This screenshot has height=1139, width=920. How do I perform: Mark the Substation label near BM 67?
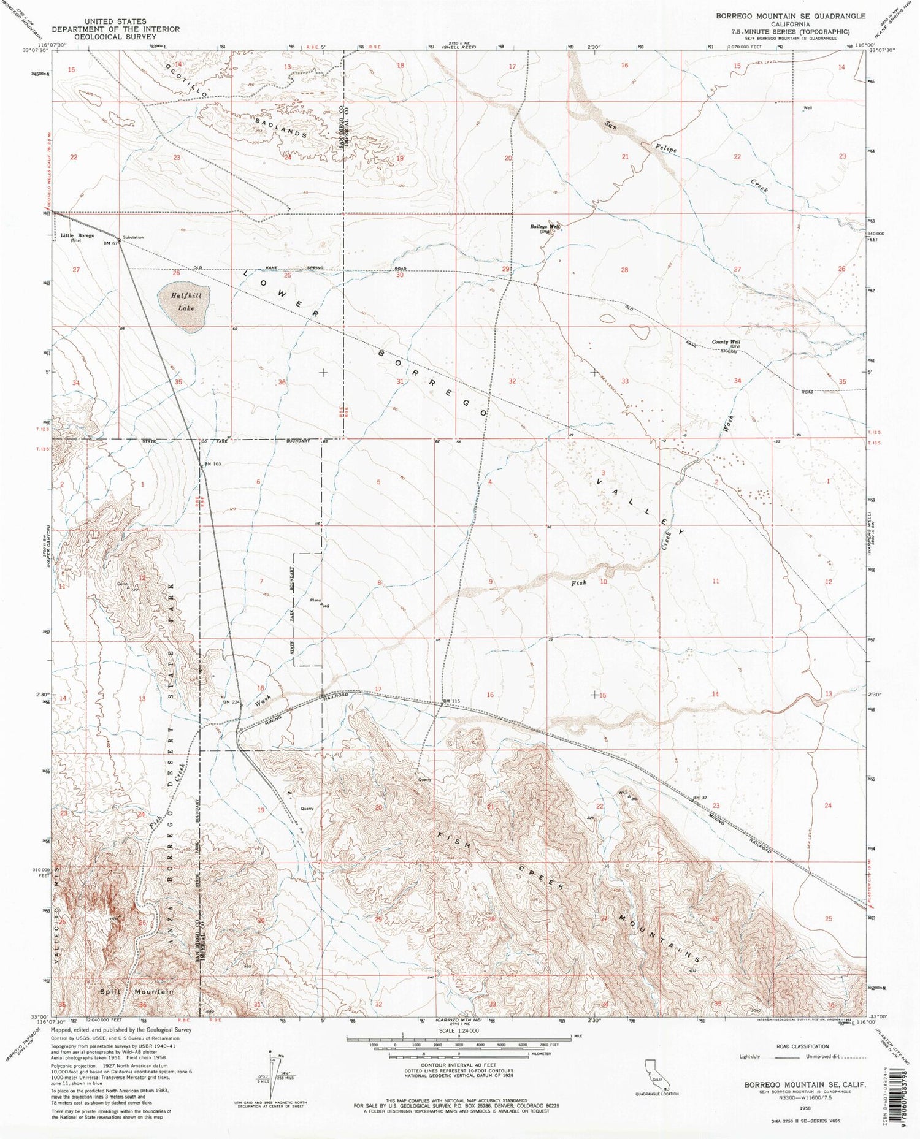(x=133, y=237)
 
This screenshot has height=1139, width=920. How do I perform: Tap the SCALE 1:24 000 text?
(x=459, y=1032)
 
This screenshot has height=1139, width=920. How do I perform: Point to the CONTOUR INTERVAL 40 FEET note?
(x=459, y=1065)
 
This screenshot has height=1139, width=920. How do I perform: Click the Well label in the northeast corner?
(x=808, y=108)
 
